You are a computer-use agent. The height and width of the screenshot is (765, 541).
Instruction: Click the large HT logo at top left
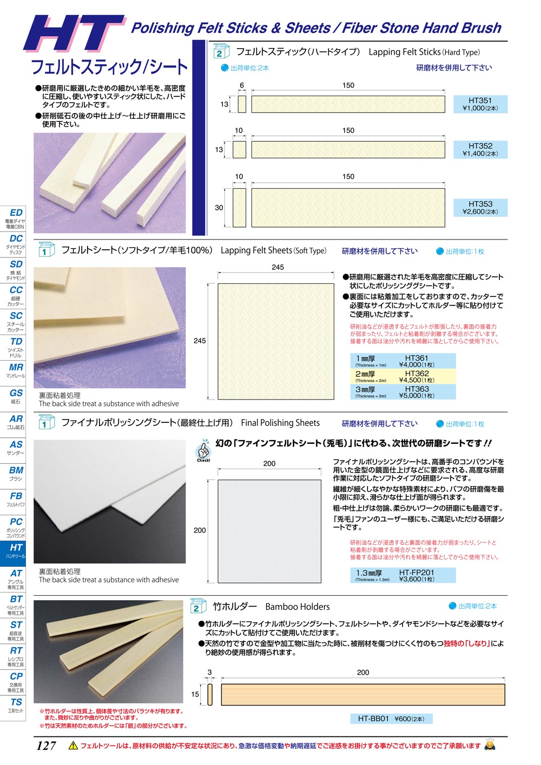[x=75, y=34]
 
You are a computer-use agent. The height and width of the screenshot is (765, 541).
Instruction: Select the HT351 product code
[x=480, y=101]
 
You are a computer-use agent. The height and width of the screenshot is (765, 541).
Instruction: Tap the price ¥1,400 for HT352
[x=473, y=154]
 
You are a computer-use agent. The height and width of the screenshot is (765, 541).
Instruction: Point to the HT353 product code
[x=480, y=204]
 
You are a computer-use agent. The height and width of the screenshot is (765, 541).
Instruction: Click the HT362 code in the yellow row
[x=417, y=374]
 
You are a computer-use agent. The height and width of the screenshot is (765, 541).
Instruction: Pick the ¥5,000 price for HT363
[x=410, y=396]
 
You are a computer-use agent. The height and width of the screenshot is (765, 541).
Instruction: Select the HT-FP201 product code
[x=416, y=573]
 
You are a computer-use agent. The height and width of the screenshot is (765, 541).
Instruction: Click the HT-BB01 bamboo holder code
[x=373, y=719]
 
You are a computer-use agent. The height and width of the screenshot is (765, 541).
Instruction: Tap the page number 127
[x=46, y=746]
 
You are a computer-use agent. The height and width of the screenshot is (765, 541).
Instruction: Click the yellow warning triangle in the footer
[x=73, y=746]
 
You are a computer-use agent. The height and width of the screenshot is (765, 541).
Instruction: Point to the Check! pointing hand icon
[x=203, y=450]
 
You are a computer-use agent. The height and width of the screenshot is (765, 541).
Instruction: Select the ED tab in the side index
[x=16, y=213]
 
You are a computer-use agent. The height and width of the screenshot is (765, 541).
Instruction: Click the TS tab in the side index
[x=16, y=702]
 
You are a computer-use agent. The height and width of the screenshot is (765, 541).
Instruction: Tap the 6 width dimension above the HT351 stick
[x=242, y=85]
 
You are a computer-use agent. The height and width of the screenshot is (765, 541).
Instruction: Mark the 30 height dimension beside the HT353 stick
[x=219, y=208]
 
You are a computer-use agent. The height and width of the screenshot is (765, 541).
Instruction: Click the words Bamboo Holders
[x=298, y=607]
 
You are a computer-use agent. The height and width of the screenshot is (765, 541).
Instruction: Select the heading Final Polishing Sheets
[x=280, y=423]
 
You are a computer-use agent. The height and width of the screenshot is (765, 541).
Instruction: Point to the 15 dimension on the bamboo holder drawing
[x=195, y=694]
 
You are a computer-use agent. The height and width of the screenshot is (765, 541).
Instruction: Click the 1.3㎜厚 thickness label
[x=369, y=573]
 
